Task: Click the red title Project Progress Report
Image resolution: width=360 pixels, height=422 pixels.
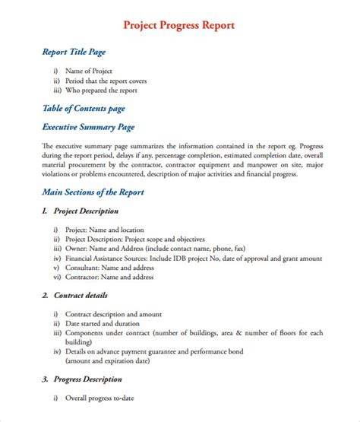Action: pos(179,25)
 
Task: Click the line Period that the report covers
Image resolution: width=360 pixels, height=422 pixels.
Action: pos(106,81)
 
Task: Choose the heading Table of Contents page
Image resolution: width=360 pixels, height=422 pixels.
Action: pos(83,109)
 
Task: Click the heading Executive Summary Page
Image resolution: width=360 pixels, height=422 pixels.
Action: pos(88,127)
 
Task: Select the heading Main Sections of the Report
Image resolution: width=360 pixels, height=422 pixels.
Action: pos(93,192)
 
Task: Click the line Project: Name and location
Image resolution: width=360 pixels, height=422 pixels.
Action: pos(104,229)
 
